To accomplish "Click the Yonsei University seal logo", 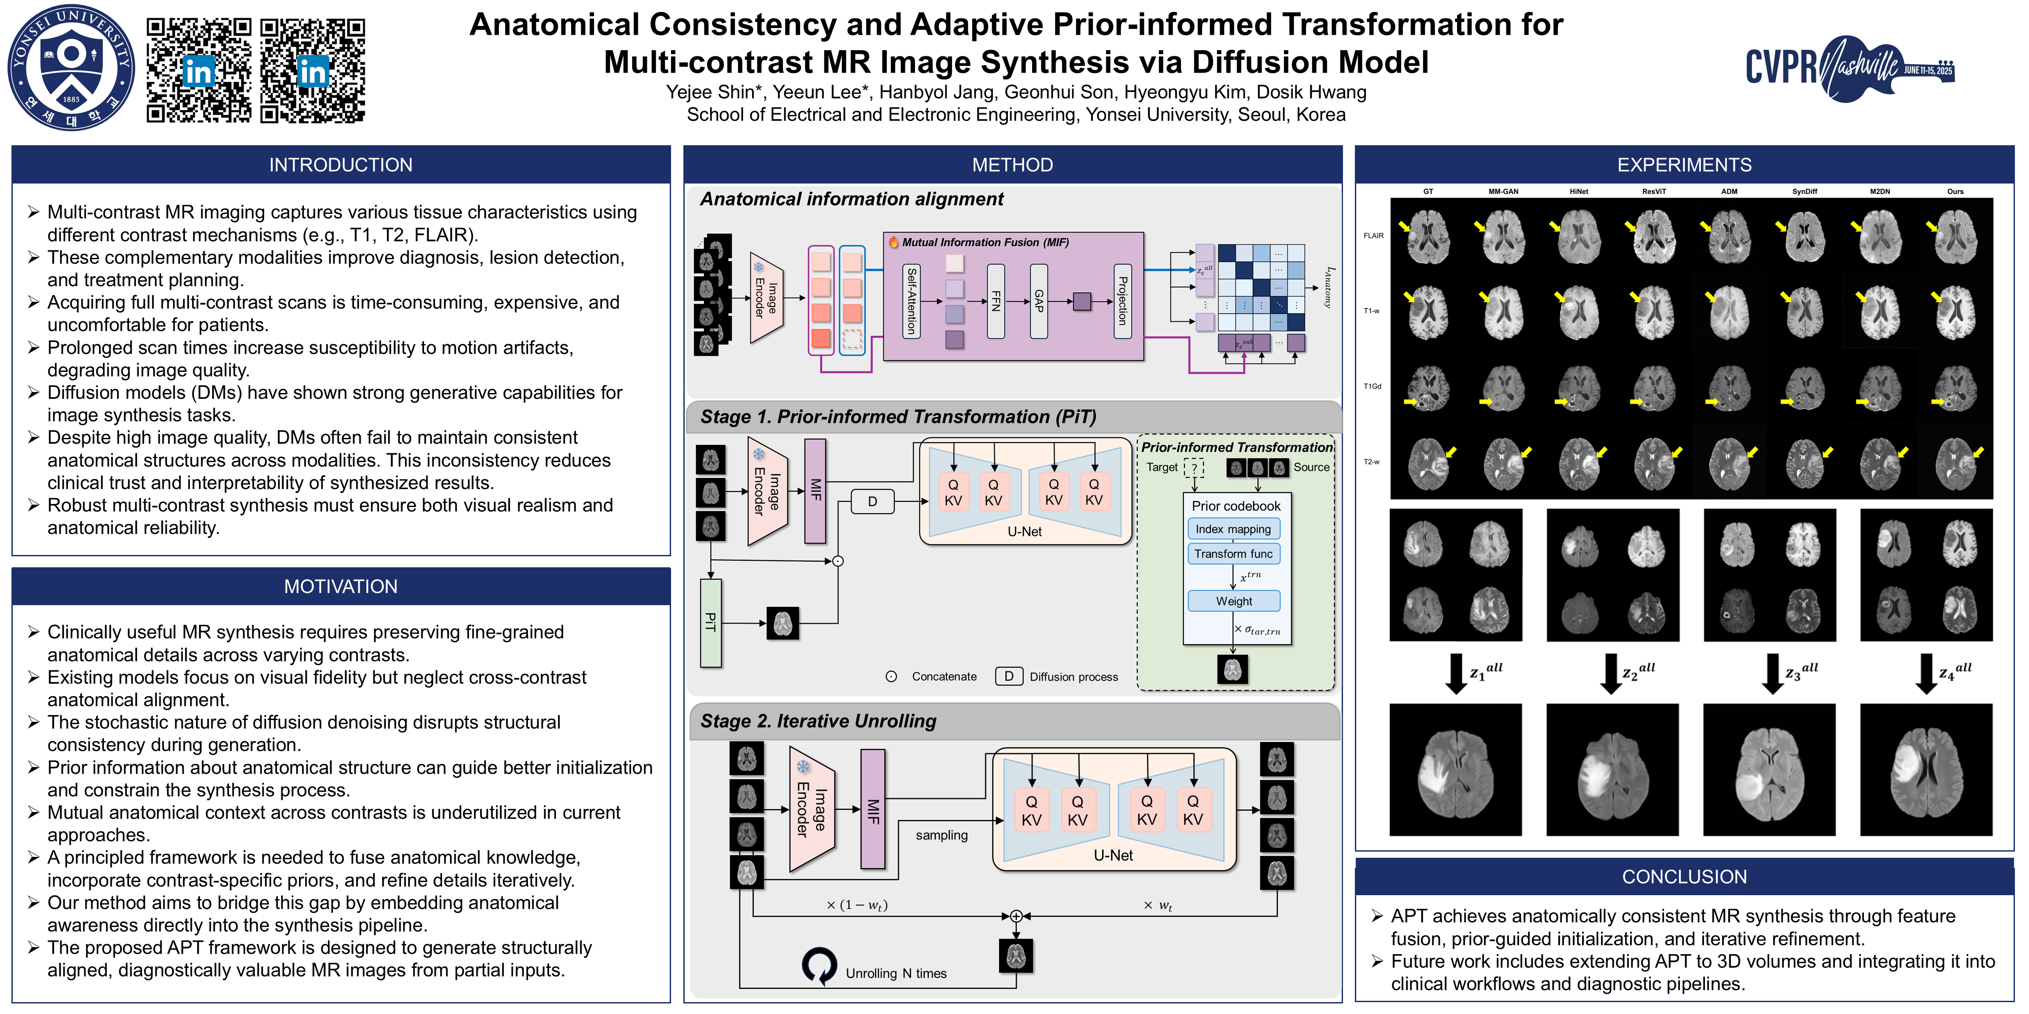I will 71,67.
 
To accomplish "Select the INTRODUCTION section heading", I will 340,165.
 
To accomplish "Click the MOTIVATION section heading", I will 340,587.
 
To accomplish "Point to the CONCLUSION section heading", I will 1684,877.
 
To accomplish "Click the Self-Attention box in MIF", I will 911,301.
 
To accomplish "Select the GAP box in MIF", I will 1038,301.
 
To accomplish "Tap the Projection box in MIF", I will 1122,301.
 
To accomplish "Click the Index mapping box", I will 1233,529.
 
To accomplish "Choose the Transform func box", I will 1233,554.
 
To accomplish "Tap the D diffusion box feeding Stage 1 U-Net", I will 872,501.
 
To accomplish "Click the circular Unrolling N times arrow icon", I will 819,965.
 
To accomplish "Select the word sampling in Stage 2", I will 941,835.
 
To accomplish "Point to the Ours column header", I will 1955,191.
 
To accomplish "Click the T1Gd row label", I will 1372,386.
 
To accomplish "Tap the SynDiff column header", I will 1804,191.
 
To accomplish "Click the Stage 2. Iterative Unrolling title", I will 819,721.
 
